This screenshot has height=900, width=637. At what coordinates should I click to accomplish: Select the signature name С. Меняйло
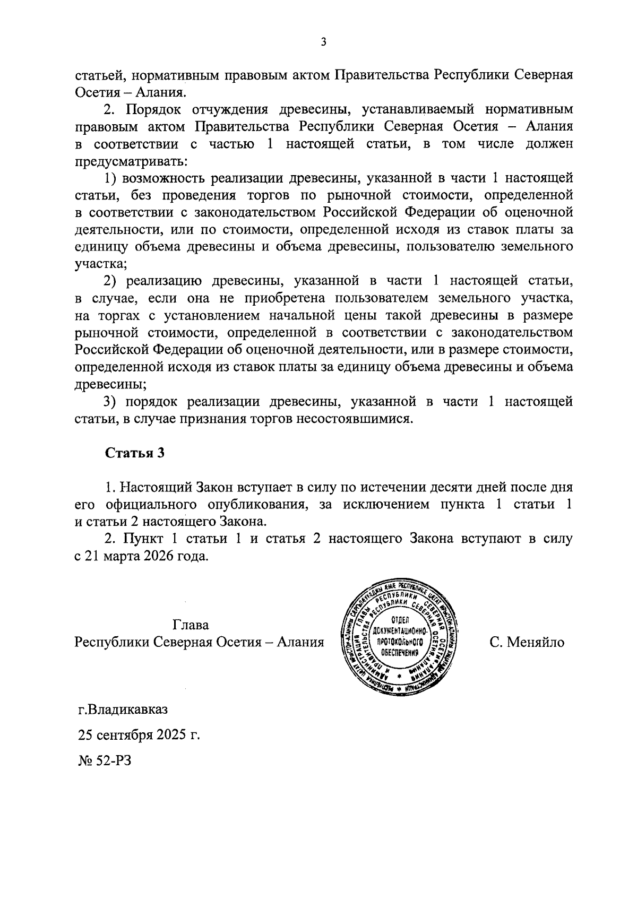coord(527,642)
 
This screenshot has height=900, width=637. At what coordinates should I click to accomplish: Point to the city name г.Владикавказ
coord(123,709)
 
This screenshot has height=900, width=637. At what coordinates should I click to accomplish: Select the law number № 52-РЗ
coord(104,760)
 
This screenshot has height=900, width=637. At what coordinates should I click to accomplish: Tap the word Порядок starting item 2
coord(151,110)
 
